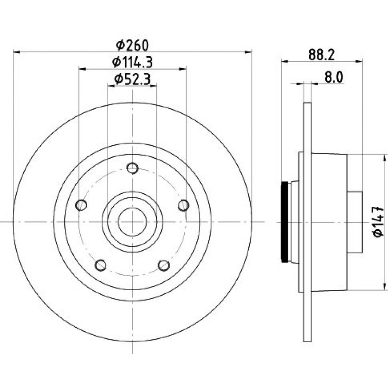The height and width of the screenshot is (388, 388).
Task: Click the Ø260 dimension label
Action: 132,45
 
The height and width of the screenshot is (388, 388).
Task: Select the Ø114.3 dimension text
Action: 132,62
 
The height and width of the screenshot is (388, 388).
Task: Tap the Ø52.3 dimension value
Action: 132,79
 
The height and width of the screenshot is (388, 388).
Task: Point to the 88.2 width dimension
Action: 321,55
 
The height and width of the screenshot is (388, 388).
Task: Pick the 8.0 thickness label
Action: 334,77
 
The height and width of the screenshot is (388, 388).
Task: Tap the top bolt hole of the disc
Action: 132,168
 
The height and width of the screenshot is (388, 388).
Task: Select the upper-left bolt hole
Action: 81,205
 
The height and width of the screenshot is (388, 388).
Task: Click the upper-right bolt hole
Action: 184,205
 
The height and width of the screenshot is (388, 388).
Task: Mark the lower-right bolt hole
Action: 164,265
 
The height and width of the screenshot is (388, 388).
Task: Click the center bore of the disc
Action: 132,222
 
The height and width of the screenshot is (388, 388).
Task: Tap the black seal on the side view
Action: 285,222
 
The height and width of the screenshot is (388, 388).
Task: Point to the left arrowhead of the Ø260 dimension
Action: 17,52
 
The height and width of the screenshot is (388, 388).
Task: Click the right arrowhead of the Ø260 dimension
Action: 248,52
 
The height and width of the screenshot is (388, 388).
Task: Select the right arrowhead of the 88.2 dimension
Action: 359,61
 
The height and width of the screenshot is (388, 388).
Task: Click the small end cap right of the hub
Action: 355,222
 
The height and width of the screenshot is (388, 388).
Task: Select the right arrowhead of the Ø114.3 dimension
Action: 183,69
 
